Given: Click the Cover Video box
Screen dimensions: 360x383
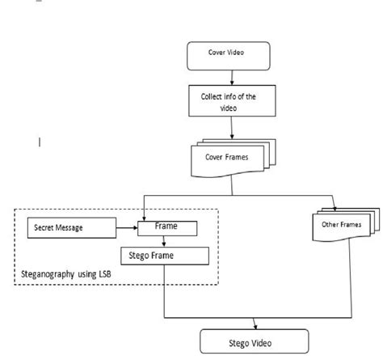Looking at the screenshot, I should (x=232, y=55).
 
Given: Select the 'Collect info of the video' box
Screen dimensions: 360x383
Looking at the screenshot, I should (x=233, y=101).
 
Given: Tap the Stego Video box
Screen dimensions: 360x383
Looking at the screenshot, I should (x=255, y=340).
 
